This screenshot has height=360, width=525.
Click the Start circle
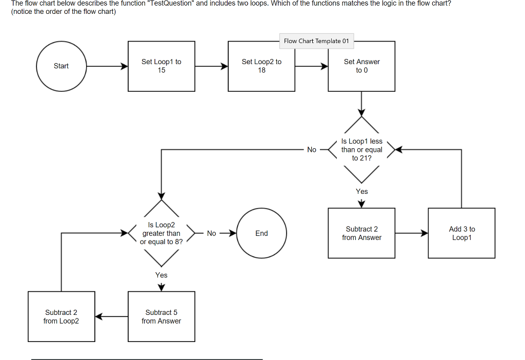(x=61, y=66)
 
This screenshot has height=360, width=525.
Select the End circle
(x=261, y=233)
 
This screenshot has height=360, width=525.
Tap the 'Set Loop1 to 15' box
(x=161, y=66)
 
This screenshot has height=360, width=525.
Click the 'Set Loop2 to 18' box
(x=261, y=66)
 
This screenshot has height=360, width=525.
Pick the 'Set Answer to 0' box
(x=361, y=66)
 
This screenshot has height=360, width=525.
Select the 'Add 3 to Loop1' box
(x=461, y=233)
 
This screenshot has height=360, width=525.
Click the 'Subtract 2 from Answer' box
(x=361, y=233)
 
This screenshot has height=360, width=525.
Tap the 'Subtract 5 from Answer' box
(x=161, y=316)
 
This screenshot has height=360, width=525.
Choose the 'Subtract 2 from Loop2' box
(x=61, y=316)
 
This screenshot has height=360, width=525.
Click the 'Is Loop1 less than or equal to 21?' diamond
(x=361, y=150)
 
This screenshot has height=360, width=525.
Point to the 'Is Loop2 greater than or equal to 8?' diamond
(x=161, y=233)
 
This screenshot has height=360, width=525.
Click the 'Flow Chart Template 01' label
(x=316, y=41)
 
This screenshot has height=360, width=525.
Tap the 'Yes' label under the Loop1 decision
(x=361, y=191)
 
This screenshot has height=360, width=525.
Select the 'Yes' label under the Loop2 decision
(x=161, y=275)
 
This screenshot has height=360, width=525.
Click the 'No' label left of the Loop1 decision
(x=312, y=150)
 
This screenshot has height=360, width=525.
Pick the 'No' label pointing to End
(x=212, y=233)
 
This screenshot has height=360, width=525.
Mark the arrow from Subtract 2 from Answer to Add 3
(x=411, y=233)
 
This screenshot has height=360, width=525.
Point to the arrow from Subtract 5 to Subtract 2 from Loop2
(x=111, y=316)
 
